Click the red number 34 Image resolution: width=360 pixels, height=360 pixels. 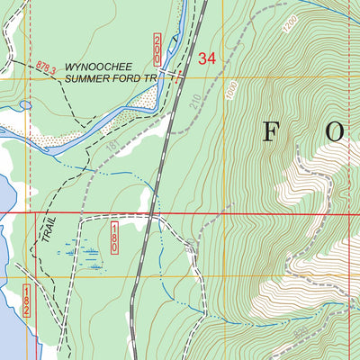pyautogui.click(x=206, y=59)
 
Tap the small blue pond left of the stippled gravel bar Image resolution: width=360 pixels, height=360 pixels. pyautogui.click(x=25, y=104)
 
